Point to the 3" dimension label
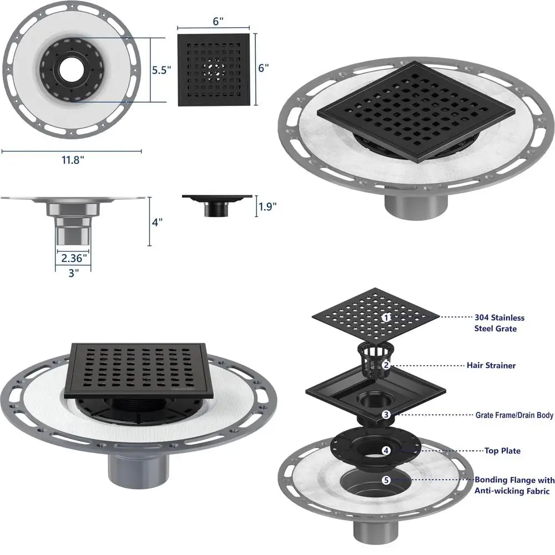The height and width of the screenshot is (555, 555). (73, 273)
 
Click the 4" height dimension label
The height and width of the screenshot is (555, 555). (158, 222)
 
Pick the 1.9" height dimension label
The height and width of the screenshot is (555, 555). (266, 207)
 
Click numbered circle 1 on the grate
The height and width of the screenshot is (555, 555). (386, 317)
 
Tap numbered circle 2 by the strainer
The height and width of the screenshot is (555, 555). (385, 365)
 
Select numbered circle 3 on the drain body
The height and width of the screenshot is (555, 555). (385, 415)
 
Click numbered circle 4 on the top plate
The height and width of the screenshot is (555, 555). (386, 451)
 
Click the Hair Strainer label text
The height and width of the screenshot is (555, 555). (491, 365)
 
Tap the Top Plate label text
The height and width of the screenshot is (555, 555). (502, 451)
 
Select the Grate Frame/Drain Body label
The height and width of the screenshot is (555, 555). (514, 415)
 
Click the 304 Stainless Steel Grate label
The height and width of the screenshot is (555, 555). (499, 323)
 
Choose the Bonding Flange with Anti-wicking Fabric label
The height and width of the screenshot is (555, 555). (513, 485)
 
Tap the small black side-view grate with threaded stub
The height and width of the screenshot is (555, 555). (218, 203)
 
